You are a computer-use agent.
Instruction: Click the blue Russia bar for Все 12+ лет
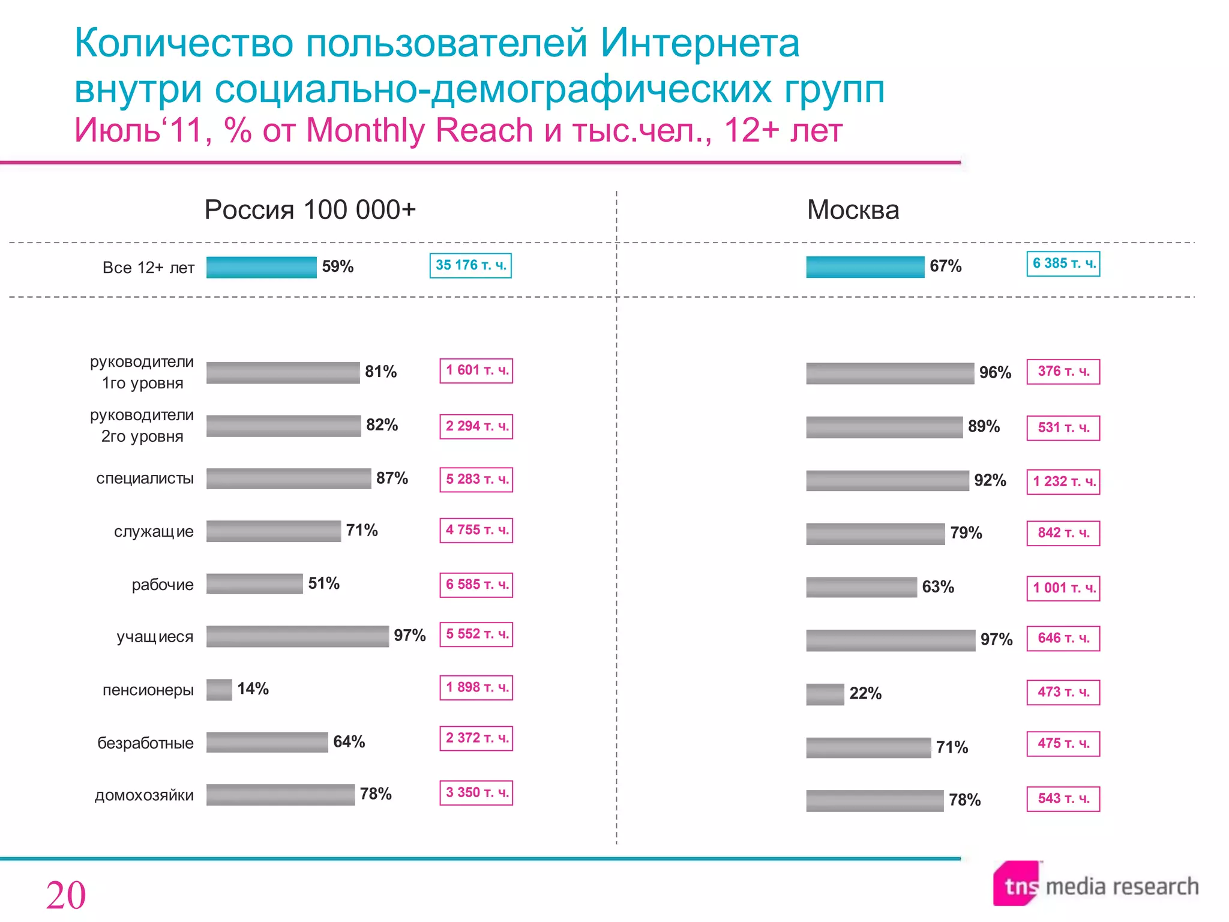click(x=261, y=267)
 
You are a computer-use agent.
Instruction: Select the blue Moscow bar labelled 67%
click(x=865, y=267)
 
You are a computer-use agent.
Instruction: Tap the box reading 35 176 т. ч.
click(x=470, y=265)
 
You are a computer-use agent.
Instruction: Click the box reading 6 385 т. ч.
click(x=1063, y=264)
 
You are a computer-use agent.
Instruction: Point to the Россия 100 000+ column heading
click(x=310, y=210)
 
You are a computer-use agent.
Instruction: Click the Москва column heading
click(x=853, y=210)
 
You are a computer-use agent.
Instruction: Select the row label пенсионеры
click(x=148, y=690)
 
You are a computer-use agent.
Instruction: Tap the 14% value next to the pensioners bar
click(x=253, y=688)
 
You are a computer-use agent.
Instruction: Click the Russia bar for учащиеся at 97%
click(x=297, y=636)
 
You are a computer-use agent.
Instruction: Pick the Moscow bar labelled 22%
click(x=825, y=695)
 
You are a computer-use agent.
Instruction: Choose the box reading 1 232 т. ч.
click(x=1063, y=481)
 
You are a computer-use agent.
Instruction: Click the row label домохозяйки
click(x=144, y=795)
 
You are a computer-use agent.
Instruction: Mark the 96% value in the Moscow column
click(x=994, y=372)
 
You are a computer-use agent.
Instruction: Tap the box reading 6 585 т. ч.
click(x=476, y=585)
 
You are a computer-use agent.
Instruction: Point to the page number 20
click(x=66, y=896)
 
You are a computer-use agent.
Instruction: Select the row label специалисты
click(x=145, y=478)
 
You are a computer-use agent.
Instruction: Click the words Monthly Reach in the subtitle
click(x=419, y=130)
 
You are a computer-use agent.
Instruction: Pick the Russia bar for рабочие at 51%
click(x=254, y=584)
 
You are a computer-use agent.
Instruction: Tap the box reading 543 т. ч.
click(x=1063, y=799)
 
